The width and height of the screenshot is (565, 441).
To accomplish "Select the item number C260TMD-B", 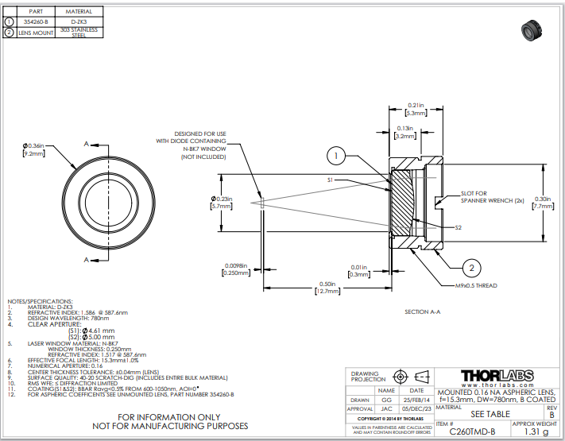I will click(x=472, y=431).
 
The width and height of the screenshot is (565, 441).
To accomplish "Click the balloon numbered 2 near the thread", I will click(x=470, y=268).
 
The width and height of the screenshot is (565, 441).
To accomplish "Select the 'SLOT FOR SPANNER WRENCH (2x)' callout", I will click(x=493, y=196).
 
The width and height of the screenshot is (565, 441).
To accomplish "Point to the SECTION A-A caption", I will click(x=423, y=311).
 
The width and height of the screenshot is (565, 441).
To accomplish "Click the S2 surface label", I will click(x=459, y=228).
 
